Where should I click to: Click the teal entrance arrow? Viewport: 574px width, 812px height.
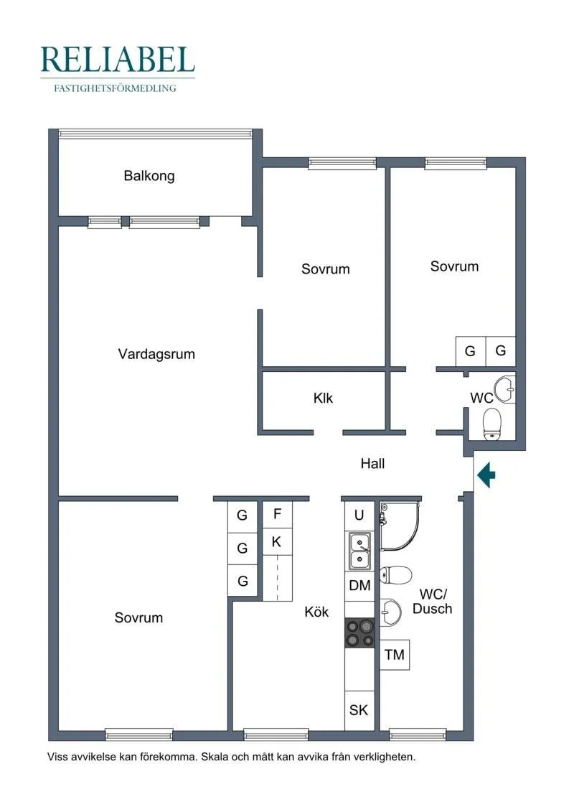487,475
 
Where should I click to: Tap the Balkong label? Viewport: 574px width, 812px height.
149,176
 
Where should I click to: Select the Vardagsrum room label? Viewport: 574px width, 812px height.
156,354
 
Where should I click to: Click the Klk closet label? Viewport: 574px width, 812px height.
324,398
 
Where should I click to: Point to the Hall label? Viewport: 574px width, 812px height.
372,464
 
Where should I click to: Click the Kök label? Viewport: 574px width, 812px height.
317,612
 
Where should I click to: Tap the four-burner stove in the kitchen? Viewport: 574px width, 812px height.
360,633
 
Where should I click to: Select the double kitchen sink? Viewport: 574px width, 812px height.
360,551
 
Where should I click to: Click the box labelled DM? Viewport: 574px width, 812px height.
359,586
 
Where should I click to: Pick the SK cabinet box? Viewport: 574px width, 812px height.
359,710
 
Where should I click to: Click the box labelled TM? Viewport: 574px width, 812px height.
395,655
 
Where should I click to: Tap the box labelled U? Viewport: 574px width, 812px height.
359,515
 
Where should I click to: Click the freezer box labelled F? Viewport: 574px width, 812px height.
277,514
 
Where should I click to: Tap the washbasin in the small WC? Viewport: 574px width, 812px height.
507,388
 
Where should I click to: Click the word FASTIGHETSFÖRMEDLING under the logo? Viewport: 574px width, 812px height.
116,89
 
